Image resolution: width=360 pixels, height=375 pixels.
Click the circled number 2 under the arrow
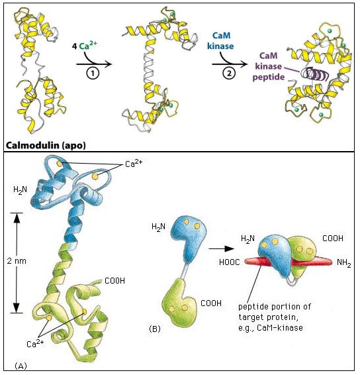point(229,74)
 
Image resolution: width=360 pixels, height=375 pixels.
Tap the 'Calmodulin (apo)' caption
point(46,145)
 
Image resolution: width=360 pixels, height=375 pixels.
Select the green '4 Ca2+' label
point(85,45)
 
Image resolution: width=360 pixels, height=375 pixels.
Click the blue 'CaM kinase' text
point(220,40)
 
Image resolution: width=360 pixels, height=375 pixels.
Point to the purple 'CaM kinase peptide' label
point(269,66)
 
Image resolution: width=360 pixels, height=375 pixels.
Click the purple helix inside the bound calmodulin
point(315,74)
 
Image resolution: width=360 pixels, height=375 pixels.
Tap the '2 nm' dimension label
point(17,260)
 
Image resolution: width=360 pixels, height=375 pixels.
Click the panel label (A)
point(21,366)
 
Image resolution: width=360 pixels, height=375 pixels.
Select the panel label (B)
point(155,329)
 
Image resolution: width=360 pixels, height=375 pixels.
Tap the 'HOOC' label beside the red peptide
point(230,262)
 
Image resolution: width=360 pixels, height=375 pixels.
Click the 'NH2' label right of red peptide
point(344,263)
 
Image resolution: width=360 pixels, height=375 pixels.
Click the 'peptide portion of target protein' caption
point(275,317)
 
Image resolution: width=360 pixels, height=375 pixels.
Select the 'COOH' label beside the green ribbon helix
point(114,280)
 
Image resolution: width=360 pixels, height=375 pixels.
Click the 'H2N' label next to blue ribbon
point(20,190)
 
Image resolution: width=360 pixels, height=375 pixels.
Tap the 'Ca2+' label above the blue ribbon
point(134,164)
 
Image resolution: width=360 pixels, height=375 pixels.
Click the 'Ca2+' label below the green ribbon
point(35,343)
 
